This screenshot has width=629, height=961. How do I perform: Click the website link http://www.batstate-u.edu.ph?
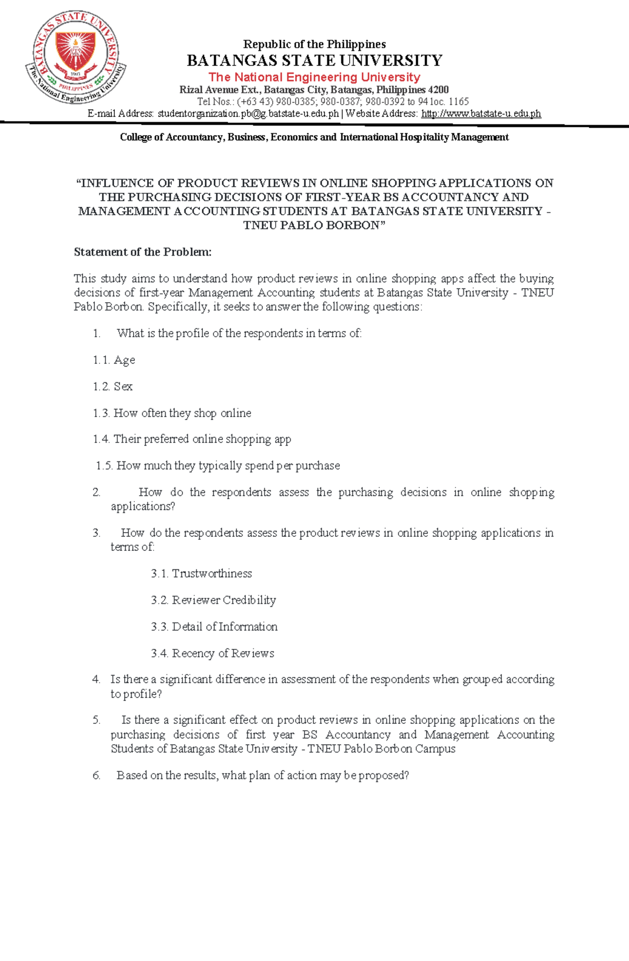pyautogui.click(x=481, y=114)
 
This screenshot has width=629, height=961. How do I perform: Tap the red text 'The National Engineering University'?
pyautogui.click(x=314, y=77)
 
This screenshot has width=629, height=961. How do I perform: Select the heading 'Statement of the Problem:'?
pyautogui.click(x=143, y=252)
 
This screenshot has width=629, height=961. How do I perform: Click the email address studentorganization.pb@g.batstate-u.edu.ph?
pyautogui.click(x=248, y=114)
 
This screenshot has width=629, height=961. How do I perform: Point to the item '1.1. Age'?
pyautogui.click(x=114, y=360)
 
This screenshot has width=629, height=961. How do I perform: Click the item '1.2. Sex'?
pyautogui.click(x=113, y=386)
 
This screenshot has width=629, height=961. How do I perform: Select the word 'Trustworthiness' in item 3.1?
pyautogui.click(x=212, y=573)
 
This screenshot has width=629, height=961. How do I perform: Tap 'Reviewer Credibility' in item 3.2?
pyautogui.click(x=224, y=600)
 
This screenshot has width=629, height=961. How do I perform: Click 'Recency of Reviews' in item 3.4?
pyautogui.click(x=223, y=653)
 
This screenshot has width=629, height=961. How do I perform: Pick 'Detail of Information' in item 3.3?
pyautogui.click(x=224, y=627)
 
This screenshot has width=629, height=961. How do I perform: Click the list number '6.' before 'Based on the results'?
pyautogui.click(x=96, y=776)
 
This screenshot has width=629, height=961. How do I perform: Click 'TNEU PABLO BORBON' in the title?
pyautogui.click(x=311, y=225)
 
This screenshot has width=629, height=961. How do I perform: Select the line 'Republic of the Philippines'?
pyautogui.click(x=314, y=44)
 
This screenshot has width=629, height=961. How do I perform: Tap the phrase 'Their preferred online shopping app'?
pyautogui.click(x=202, y=439)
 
